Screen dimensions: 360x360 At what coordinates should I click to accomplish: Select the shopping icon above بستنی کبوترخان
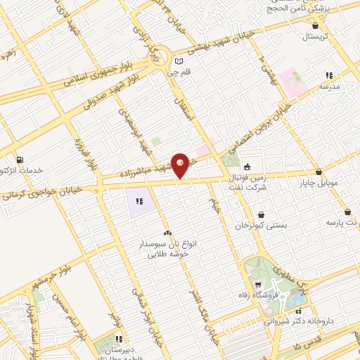point(262,214)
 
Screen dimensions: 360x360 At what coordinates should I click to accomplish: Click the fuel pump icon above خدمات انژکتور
point(19,160)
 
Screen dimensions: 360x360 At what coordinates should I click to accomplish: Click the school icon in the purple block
point(139,202)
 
